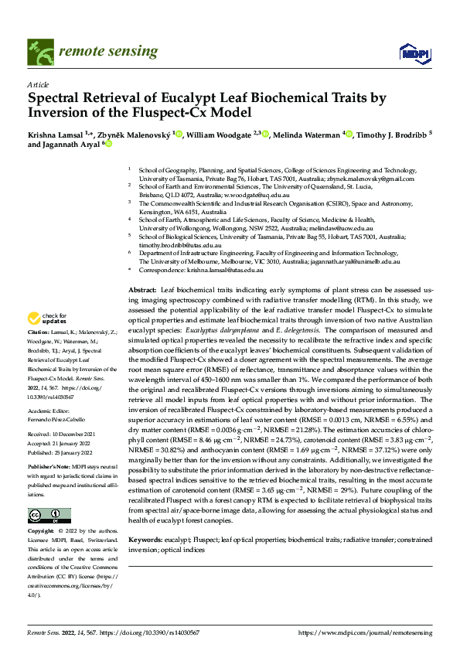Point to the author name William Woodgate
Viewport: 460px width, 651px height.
point(220,135)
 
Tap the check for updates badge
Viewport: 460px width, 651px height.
point(46,339)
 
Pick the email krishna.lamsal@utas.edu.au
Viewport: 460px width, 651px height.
point(225,271)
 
